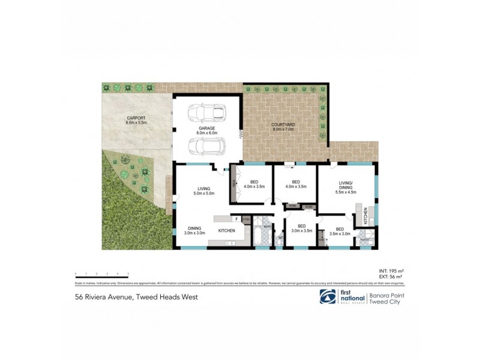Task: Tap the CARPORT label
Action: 136,119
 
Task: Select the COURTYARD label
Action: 284,126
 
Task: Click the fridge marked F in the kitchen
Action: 237,220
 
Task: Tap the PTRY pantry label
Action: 246,220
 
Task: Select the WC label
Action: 280,238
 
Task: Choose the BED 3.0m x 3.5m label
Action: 298,228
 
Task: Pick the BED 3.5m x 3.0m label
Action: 340,231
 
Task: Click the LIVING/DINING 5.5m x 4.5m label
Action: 347,189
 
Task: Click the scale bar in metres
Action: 101,273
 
